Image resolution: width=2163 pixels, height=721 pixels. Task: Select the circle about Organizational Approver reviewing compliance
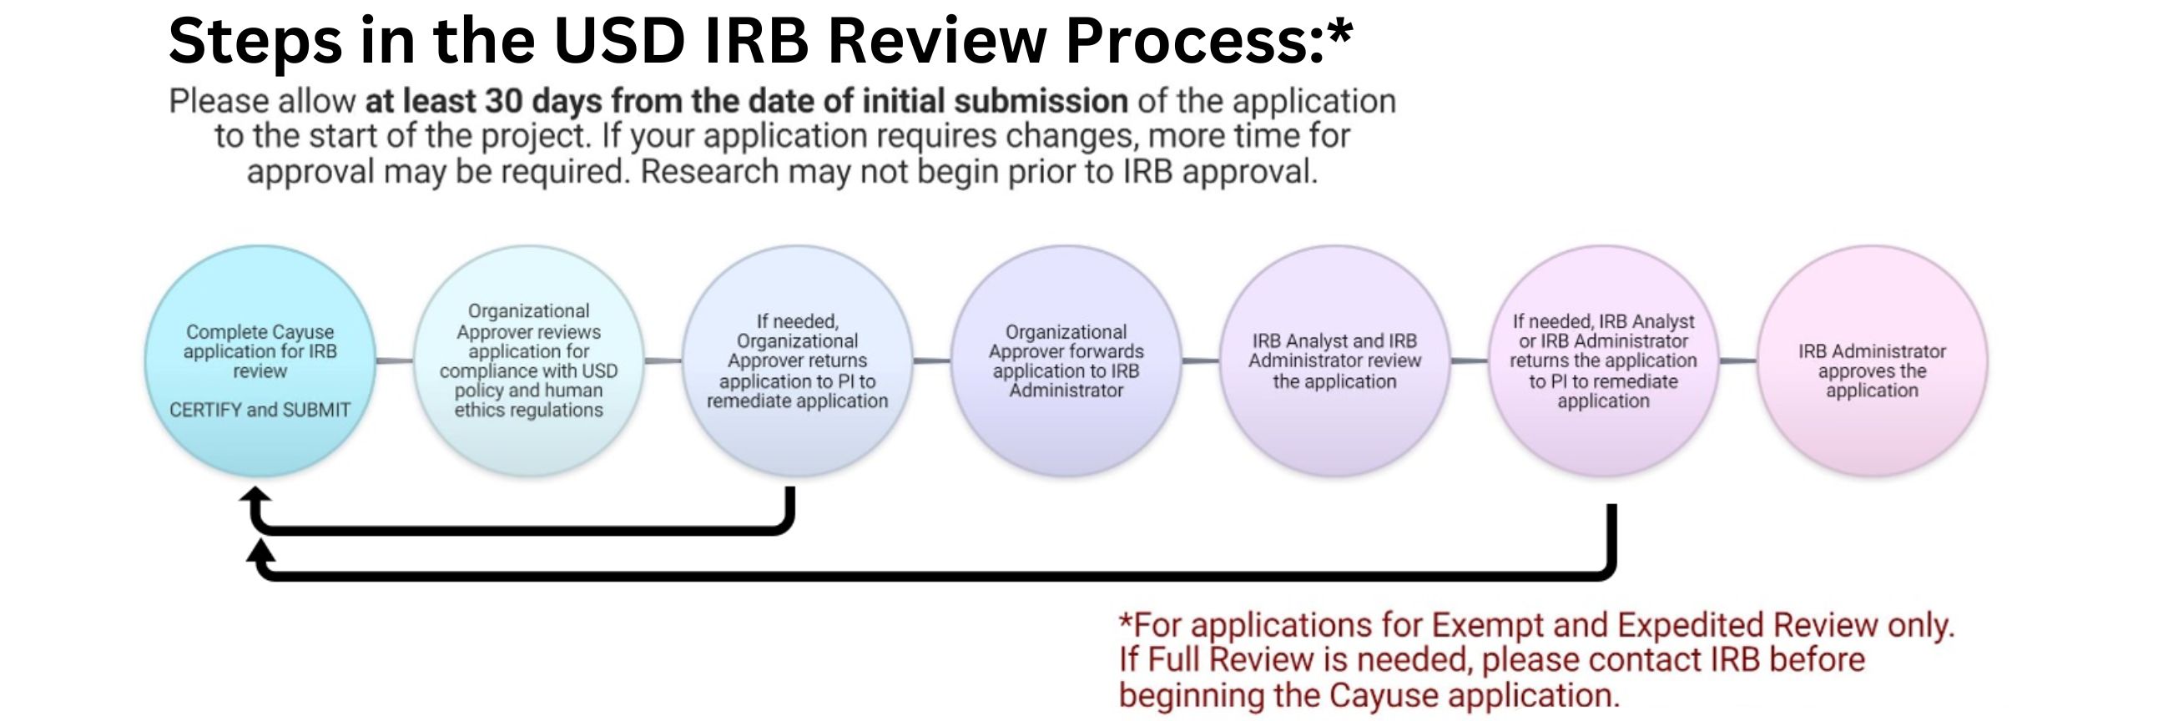click(529, 361)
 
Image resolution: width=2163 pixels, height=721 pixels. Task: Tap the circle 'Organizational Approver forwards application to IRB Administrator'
click(1066, 361)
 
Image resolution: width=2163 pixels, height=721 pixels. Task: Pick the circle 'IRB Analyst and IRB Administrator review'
click(1334, 361)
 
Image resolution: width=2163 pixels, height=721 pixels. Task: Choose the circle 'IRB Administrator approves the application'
click(1872, 361)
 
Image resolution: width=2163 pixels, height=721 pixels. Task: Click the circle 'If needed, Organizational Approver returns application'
click(797, 361)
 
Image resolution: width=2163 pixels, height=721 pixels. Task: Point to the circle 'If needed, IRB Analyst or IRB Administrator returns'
click(1603, 361)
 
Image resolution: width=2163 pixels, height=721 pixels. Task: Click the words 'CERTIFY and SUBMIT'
click(260, 411)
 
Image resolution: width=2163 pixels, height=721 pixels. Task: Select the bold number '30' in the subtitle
click(504, 102)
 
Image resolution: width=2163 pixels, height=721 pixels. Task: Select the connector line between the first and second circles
click(395, 361)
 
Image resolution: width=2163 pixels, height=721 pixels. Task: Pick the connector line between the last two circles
click(1737, 361)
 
